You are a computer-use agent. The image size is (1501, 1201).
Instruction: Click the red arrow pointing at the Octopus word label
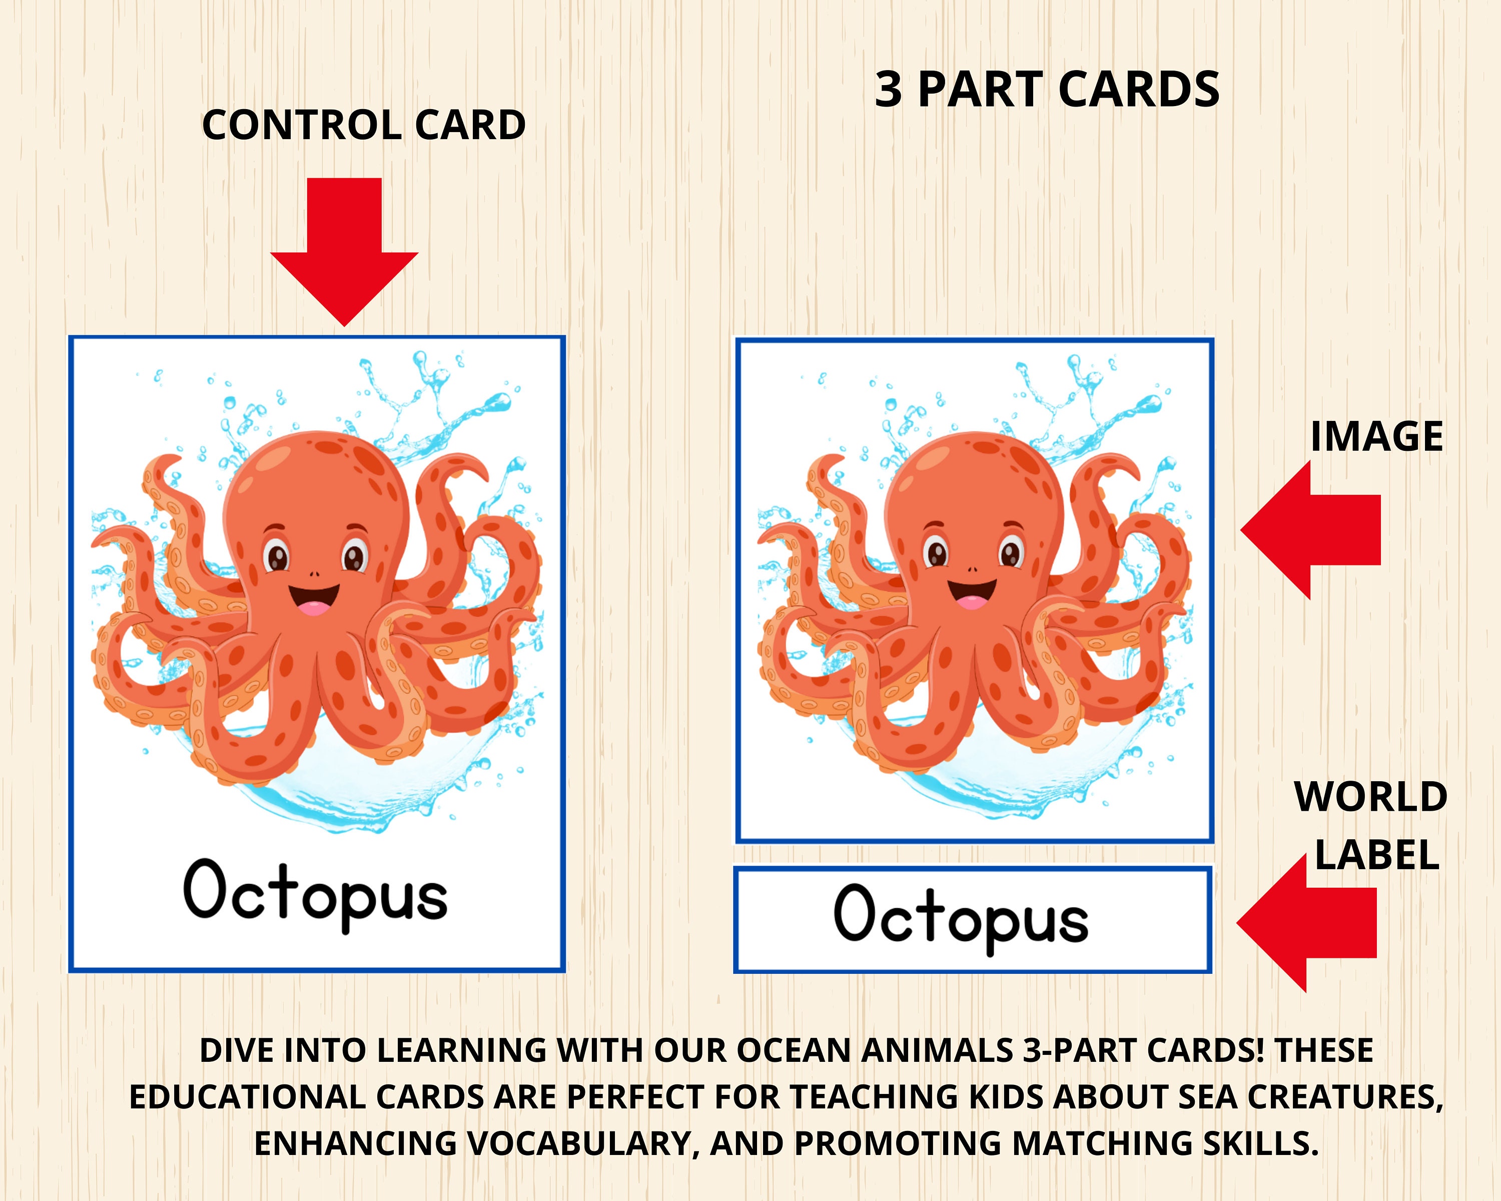pos(1302,922)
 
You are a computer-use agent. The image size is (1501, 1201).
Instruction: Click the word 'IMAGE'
pos(1376,437)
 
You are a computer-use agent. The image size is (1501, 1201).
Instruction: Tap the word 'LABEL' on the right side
pos(1376,856)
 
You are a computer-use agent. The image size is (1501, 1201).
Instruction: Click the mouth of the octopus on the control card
pos(314,599)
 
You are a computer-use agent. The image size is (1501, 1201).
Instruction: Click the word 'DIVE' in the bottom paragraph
pos(237,1050)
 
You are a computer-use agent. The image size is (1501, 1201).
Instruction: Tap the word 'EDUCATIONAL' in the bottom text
pos(248,1097)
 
